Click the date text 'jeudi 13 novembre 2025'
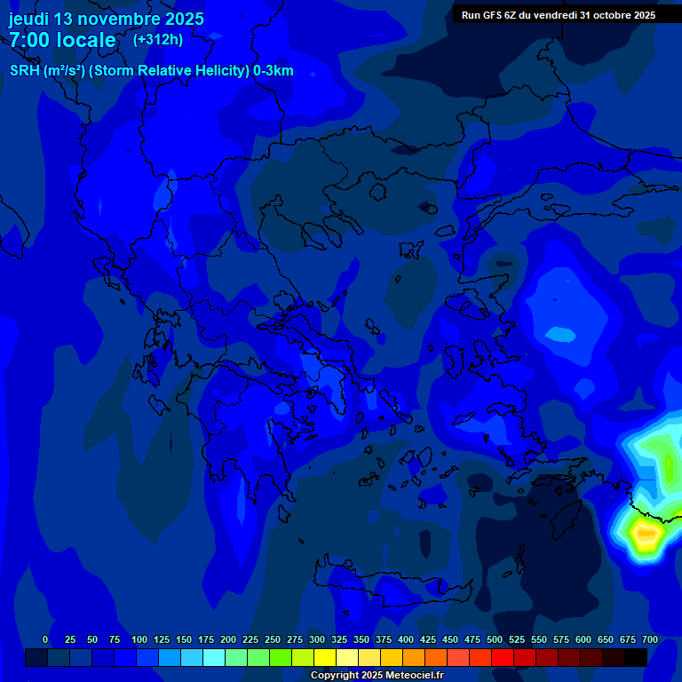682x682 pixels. (106, 19)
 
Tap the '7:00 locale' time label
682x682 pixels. (62, 40)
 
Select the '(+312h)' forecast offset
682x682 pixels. (158, 39)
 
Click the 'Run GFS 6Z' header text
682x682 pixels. (488, 15)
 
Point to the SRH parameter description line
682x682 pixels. (151, 71)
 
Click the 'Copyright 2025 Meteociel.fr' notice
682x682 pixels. (377, 675)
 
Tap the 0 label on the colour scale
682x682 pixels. (45, 639)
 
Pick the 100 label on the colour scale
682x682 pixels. (139, 639)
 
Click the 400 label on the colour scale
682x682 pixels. (406, 639)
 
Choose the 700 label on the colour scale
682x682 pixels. (649, 639)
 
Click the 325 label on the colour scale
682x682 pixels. (339, 639)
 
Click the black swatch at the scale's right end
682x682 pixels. (636, 657)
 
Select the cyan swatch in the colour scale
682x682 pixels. (214, 657)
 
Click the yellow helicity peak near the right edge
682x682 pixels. (646, 535)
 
